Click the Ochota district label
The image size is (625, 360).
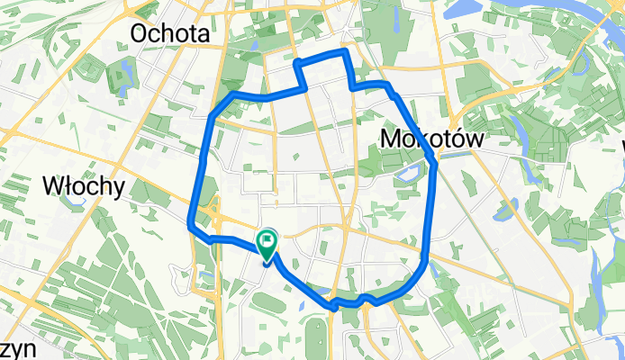coord(170,33)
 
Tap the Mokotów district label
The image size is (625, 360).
coord(432,139)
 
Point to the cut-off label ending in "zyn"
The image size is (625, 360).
coord(11,348)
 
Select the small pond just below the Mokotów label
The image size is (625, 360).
coord(407,170)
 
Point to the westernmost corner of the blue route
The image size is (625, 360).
coord(191,225)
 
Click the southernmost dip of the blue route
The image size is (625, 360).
coord(334,307)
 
